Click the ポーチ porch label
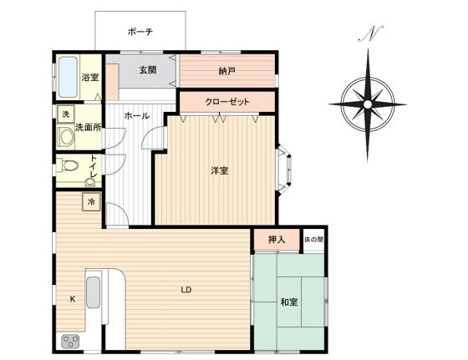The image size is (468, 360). [140, 31]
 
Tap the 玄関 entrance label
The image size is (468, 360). [148, 70]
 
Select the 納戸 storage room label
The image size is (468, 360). [226, 71]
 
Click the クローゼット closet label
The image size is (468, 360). [227, 102]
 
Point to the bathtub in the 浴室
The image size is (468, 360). [68, 77]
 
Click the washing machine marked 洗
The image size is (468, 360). [66, 114]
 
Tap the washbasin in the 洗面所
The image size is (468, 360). [65, 138]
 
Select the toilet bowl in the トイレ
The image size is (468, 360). [68, 165]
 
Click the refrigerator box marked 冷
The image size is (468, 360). [91, 201]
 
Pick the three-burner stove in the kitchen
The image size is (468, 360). [70, 342]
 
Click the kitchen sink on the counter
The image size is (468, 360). [93, 292]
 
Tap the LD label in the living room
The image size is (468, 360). [186, 290]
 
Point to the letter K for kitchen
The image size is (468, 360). [72, 299]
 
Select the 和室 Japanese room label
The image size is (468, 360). [289, 302]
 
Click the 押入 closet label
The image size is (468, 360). [277, 239]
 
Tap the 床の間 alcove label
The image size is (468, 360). [313, 239]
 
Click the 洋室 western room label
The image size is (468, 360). [220, 171]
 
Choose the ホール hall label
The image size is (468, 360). [137, 116]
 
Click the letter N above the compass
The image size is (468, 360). [370, 33]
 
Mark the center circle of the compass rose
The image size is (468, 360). [368, 104]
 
